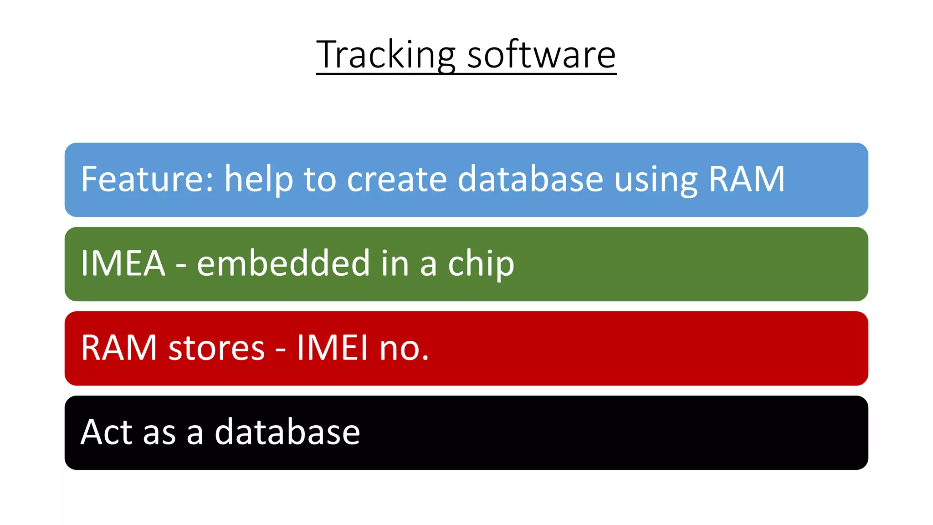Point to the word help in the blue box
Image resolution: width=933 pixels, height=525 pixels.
pos(258,180)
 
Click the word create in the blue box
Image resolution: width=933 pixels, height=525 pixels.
pos(397,179)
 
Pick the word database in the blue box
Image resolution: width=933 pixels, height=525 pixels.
pos(530,179)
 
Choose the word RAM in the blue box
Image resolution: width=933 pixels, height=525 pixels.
pos(747,179)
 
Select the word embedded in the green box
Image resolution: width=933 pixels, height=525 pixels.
pos(283,263)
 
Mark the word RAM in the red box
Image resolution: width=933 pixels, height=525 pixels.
pos(119,348)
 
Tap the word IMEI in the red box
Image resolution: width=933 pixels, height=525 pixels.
pos(332,348)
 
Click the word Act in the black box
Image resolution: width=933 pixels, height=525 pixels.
pos(106,432)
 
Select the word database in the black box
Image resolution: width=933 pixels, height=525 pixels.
pos(287,432)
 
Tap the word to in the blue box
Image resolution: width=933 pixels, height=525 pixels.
pos(319,180)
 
